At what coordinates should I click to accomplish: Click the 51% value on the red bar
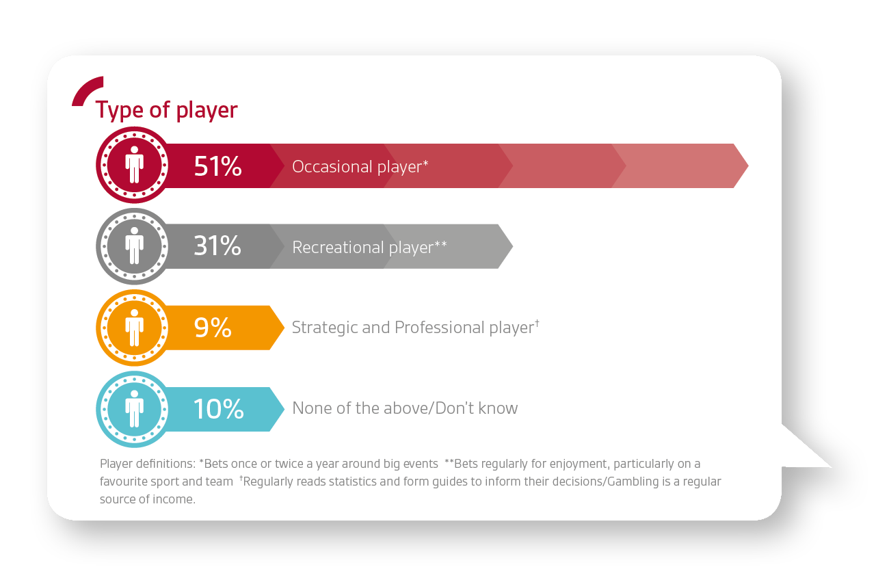click(218, 166)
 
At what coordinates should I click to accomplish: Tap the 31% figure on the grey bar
click(217, 246)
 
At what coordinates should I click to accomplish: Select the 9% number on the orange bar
click(213, 328)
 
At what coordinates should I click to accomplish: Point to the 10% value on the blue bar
click(219, 409)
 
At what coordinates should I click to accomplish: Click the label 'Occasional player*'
click(360, 167)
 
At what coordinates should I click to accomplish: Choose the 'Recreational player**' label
click(369, 248)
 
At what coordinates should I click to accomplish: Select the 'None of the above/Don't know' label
click(405, 408)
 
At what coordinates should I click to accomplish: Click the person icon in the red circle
click(134, 165)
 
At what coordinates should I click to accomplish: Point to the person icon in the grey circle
click(134, 246)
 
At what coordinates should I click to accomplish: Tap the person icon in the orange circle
click(134, 328)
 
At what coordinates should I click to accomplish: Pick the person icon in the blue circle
click(134, 409)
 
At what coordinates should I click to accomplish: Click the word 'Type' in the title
click(119, 110)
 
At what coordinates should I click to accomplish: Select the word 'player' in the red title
click(207, 111)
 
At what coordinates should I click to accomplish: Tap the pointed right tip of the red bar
click(747, 166)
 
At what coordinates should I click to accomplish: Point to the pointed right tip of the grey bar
click(512, 246)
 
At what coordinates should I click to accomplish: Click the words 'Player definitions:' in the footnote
click(148, 464)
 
